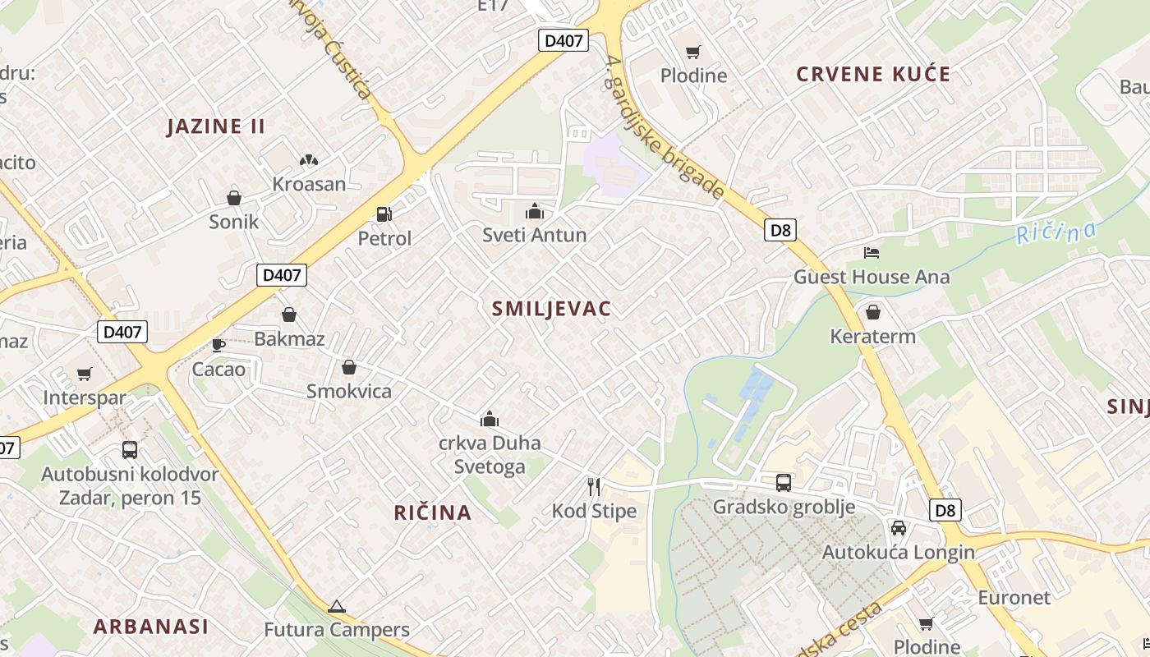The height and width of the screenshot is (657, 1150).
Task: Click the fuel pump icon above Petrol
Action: (384, 214)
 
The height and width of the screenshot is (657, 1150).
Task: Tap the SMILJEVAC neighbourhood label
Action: (551, 309)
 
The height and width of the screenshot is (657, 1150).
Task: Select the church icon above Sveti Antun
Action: (535, 212)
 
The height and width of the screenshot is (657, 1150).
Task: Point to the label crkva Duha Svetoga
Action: (490, 455)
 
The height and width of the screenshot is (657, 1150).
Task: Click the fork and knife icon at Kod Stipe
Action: (594, 487)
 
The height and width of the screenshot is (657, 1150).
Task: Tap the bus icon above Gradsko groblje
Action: (784, 483)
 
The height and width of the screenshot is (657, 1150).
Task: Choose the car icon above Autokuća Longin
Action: (899, 528)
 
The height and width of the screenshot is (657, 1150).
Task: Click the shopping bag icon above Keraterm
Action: (872, 312)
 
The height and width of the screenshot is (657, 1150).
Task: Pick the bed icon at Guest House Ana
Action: (872, 253)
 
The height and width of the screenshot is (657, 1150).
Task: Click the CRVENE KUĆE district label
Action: (873, 75)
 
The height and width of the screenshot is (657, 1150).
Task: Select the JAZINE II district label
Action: (216, 126)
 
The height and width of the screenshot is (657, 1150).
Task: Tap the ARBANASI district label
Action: (150, 627)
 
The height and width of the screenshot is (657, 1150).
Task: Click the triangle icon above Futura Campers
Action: (336, 607)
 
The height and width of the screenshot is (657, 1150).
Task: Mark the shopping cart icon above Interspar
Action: (85, 374)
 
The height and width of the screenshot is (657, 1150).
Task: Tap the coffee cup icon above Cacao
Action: (218, 345)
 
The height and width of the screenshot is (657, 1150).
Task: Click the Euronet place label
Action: (1014, 597)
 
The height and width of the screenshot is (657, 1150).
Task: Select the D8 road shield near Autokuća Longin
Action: (945, 510)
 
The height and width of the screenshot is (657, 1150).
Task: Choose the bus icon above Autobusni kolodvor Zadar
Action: (130, 450)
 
